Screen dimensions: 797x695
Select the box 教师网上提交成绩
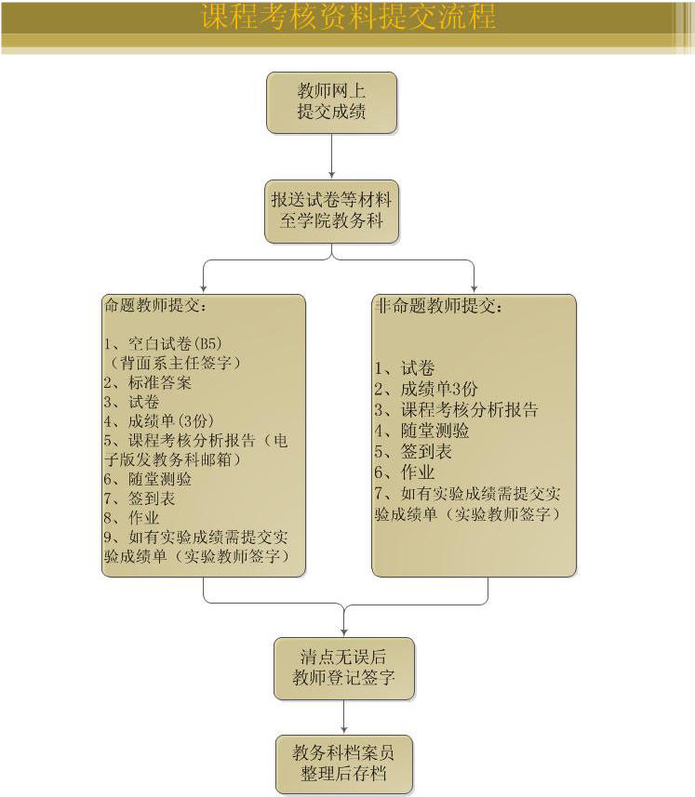point(331,101)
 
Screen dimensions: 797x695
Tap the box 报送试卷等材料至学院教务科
point(331,211)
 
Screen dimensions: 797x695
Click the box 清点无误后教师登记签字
point(343,667)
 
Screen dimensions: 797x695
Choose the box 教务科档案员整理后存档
point(343,764)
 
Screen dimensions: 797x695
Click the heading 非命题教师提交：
point(437,306)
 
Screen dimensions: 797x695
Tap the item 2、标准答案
point(148,382)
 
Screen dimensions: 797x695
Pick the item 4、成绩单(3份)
point(153,420)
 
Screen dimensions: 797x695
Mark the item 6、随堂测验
point(148,479)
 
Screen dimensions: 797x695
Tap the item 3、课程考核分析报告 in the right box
point(457,409)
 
